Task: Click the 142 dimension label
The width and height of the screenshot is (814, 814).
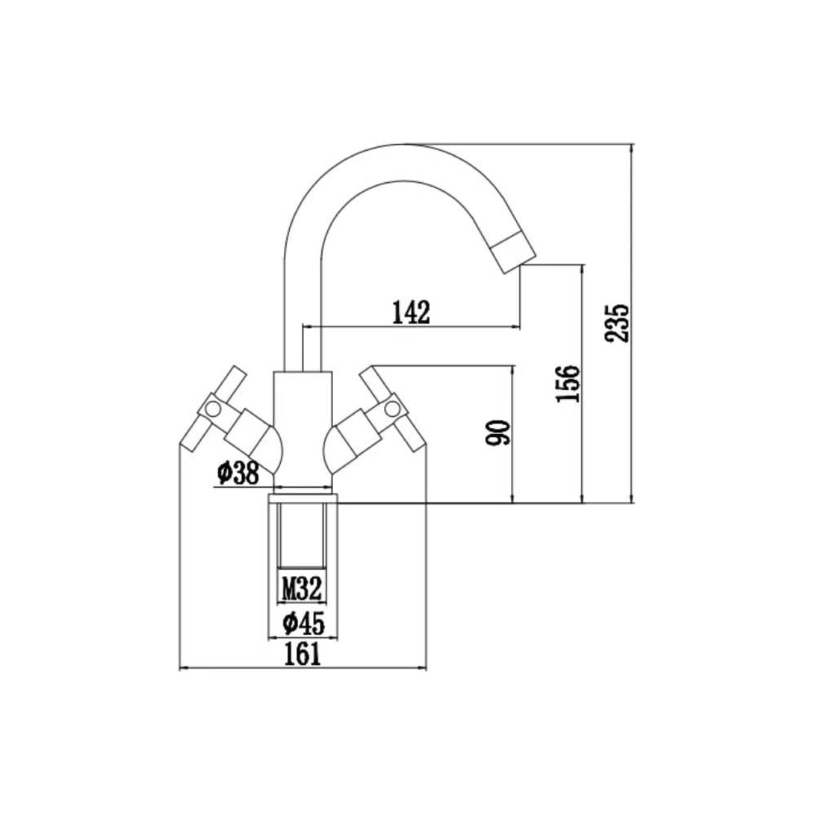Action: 411,312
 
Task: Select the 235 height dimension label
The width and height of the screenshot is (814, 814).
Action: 617,322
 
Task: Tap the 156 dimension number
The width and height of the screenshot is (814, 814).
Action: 567,383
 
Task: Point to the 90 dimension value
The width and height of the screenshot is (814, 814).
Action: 498,433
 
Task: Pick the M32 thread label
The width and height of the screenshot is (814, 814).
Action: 302,589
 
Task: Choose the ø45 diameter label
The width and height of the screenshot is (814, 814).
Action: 304,623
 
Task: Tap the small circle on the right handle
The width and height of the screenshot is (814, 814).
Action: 393,409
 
